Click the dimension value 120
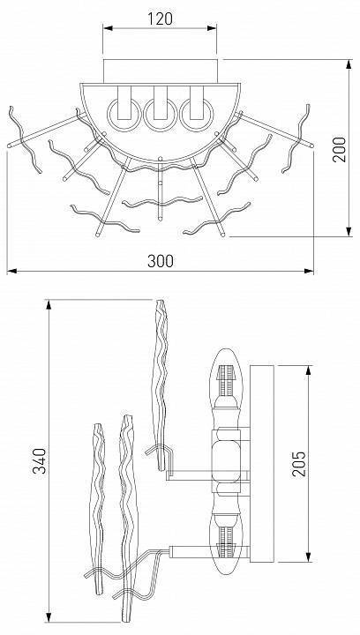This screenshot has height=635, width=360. click(x=160, y=19)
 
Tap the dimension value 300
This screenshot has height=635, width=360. click(x=161, y=261)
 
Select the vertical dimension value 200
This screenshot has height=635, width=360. click(x=340, y=149)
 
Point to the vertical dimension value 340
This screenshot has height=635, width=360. click(x=40, y=460)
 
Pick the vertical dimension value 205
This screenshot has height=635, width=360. click(x=299, y=463)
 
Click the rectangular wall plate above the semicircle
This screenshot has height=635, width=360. click(x=161, y=71)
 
